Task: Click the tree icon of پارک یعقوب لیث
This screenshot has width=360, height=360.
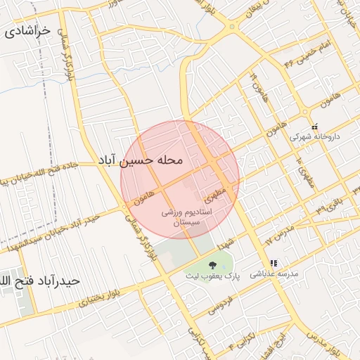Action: (212, 264)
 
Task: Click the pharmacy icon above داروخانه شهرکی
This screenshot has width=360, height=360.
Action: (314, 126)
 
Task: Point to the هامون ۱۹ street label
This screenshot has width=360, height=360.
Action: (255, 85)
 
